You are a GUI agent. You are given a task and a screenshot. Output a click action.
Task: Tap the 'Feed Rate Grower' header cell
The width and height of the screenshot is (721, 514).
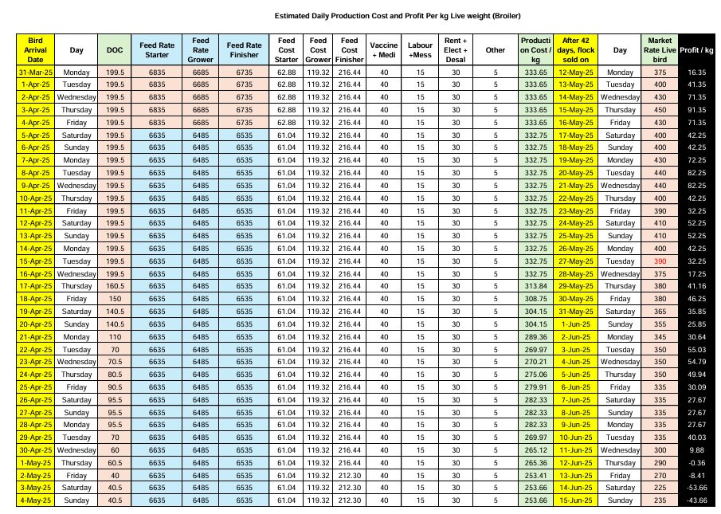pos(200,49)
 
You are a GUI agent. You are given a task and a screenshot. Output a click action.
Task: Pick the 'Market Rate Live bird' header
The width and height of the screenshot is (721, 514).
pos(660,49)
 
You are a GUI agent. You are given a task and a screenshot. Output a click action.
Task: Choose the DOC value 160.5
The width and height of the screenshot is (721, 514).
pos(115,286)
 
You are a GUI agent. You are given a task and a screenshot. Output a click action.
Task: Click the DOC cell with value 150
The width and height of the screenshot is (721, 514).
pos(115,298)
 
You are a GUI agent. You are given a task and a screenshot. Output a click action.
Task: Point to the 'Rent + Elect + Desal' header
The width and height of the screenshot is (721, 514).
pos(456,49)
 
